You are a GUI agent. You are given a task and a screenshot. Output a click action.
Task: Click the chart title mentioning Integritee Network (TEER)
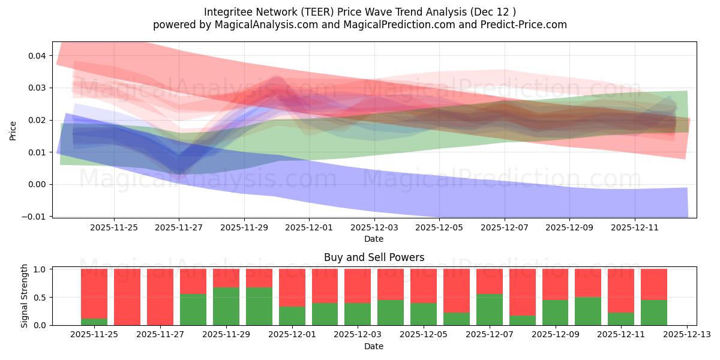(x=359, y=12)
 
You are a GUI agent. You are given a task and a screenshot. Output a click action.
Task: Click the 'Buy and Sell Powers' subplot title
(x=374, y=257)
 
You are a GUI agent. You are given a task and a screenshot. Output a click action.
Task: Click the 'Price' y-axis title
(x=13, y=130)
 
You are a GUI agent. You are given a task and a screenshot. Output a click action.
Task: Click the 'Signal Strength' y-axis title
(x=25, y=296)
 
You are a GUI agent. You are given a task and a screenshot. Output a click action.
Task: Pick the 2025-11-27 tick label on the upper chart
(x=179, y=228)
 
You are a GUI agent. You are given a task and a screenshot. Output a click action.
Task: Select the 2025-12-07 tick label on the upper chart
(x=505, y=228)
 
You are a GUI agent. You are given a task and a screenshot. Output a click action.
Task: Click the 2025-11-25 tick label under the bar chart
(x=94, y=334)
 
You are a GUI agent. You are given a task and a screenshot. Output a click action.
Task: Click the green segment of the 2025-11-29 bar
(x=226, y=306)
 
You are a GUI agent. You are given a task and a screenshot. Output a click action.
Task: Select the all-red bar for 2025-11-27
(x=160, y=297)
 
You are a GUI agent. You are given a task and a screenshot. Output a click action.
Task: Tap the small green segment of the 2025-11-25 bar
(x=94, y=322)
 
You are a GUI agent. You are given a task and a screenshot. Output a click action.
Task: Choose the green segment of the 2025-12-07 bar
(x=490, y=310)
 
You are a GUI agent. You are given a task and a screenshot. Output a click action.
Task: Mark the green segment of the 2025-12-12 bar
(x=653, y=313)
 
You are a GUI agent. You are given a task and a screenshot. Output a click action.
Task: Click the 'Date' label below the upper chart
(x=374, y=239)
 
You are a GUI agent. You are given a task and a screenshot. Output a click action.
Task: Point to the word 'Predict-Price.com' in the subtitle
(x=525, y=25)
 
